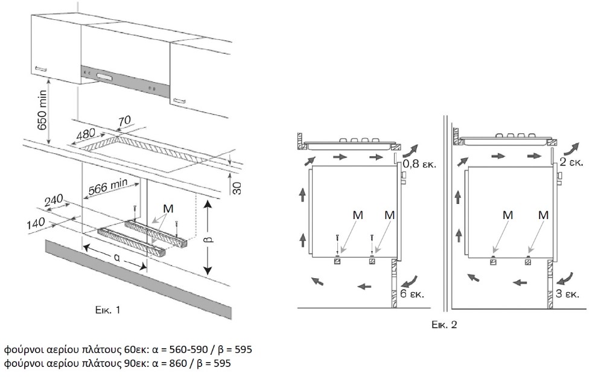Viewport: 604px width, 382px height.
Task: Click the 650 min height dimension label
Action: pyautogui.click(x=42, y=110)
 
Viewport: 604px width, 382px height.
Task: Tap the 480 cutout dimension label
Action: pyautogui.click(x=86, y=135)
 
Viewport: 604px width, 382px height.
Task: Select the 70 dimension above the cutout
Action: pyautogui.click(x=124, y=121)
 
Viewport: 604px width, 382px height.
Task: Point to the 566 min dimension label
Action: pyautogui.click(x=108, y=186)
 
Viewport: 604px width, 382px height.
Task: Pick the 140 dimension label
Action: pyautogui.click(x=36, y=223)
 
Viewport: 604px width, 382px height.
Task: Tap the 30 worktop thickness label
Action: pyautogui.click(x=237, y=188)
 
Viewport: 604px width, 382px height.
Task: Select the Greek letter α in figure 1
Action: pyautogui.click(x=116, y=259)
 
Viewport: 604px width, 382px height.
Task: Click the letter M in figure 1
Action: pyautogui.click(x=168, y=208)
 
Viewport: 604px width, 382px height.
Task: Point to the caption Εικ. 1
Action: pyautogui.click(x=108, y=310)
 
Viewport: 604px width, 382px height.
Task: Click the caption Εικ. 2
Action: pyautogui.click(x=444, y=325)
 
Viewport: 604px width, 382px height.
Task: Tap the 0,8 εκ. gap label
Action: pyautogui.click(x=420, y=164)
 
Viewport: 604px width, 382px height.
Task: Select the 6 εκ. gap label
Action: pyautogui.click(x=412, y=294)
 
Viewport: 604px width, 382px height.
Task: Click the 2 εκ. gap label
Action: pyautogui.click(x=571, y=162)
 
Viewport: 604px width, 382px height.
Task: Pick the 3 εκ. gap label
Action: pyautogui.click(x=568, y=294)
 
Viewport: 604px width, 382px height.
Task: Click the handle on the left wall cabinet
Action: pyautogui.click(x=41, y=69)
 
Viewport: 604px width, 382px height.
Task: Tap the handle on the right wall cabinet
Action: pyautogui.click(x=179, y=101)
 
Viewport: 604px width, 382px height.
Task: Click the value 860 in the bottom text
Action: pyautogui.click(x=178, y=363)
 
